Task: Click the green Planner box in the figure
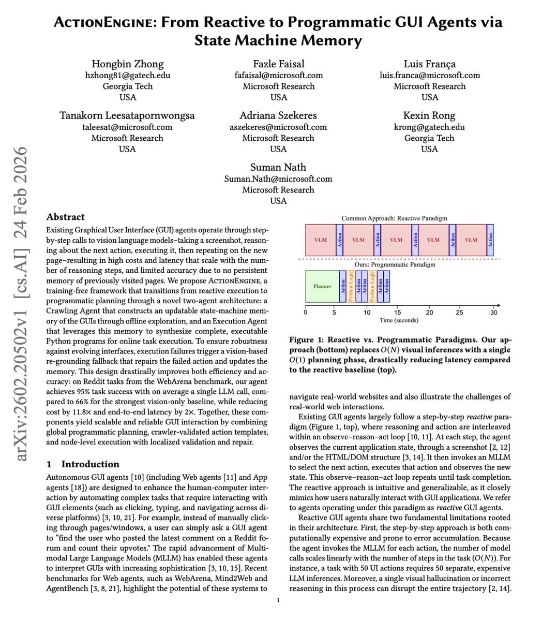(322, 286)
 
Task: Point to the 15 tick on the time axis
(397, 312)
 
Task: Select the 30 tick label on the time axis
(493, 312)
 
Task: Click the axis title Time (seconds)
(399, 320)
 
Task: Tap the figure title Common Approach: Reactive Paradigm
(394, 218)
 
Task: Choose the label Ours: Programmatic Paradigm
(395, 264)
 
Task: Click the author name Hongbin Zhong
(127, 64)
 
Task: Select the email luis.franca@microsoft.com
(429, 76)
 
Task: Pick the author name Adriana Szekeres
(278, 115)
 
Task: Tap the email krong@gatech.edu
(429, 127)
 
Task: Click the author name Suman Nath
(278, 167)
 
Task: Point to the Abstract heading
(65, 217)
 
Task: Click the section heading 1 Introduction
(83, 464)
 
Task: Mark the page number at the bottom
(278, 600)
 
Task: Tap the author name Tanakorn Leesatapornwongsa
(127, 115)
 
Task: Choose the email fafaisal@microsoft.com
(278, 76)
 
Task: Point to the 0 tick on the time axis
(305, 312)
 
